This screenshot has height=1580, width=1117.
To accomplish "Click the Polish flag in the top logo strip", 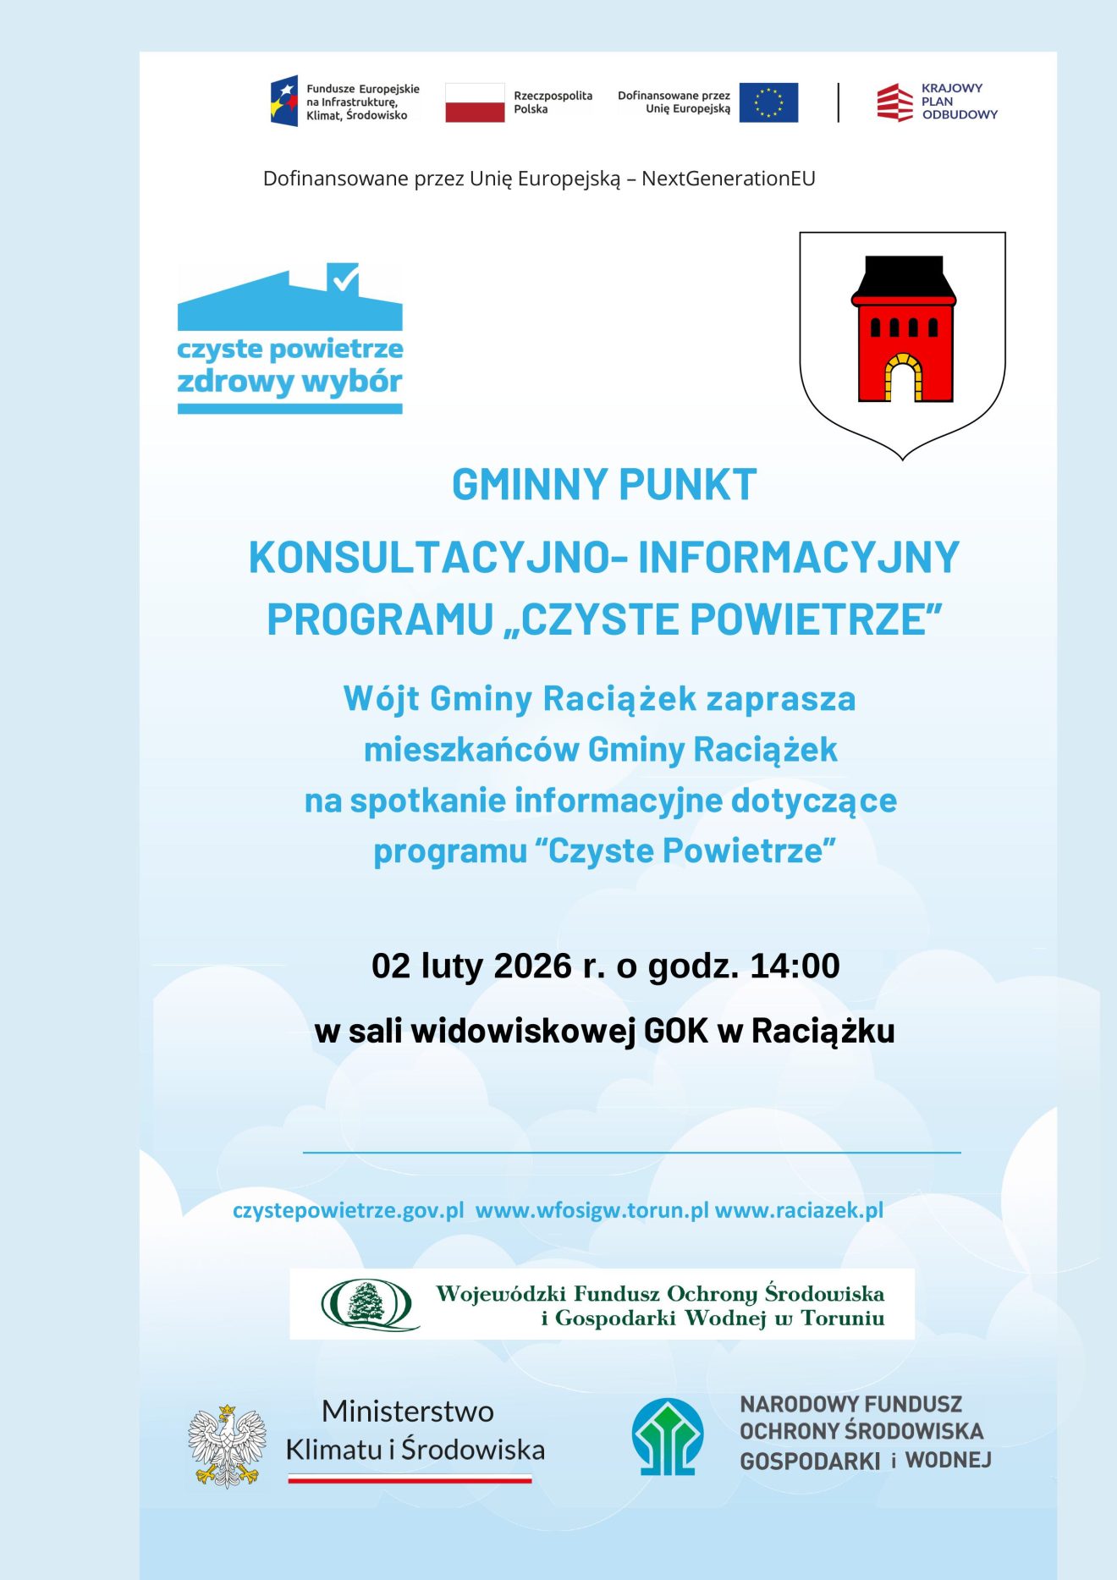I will click(x=475, y=102).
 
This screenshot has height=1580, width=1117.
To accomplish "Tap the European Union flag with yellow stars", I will click(x=768, y=102).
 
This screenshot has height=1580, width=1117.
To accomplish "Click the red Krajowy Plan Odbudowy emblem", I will click(x=894, y=102).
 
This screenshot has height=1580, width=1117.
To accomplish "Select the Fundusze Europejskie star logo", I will click(x=284, y=102).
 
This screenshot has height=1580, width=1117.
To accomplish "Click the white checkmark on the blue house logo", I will click(x=344, y=278).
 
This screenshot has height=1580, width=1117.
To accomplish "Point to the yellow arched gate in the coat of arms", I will click(x=903, y=377).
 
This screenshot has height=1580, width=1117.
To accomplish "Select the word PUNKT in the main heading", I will click(x=687, y=485).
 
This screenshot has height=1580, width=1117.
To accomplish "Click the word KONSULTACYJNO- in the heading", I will click(x=438, y=558).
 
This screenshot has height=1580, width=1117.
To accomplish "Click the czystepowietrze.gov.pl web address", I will click(x=348, y=1210).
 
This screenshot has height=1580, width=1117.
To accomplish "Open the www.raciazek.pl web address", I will click(x=799, y=1210).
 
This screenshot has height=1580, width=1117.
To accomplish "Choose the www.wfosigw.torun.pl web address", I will click(x=592, y=1210).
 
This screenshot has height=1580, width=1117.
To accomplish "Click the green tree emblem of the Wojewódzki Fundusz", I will click(x=367, y=1303).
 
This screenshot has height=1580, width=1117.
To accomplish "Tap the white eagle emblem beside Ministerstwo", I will click(x=227, y=1445).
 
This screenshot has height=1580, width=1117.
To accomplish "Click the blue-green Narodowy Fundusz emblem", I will click(x=668, y=1437).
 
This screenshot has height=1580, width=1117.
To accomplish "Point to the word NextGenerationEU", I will click(x=728, y=179).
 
